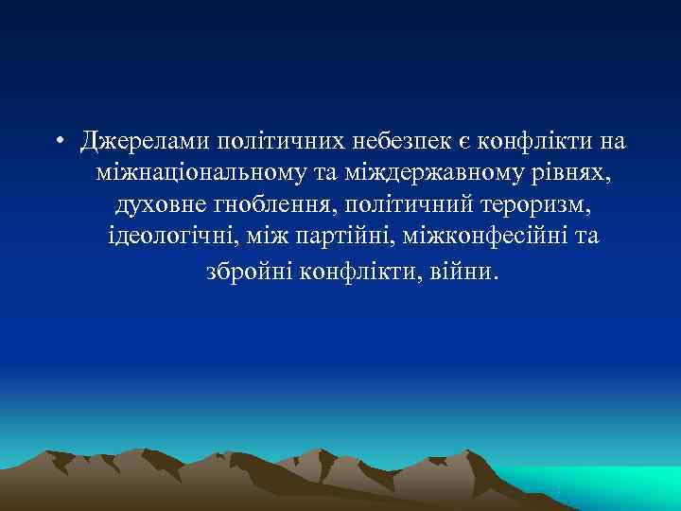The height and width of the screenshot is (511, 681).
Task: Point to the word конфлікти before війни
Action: click(353, 272)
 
